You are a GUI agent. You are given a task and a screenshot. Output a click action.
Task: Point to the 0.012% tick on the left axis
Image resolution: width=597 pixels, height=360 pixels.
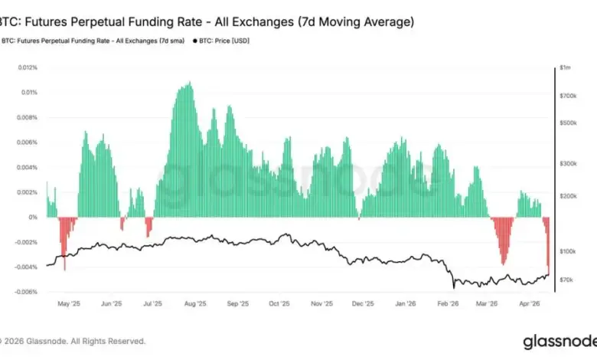pos(28,68)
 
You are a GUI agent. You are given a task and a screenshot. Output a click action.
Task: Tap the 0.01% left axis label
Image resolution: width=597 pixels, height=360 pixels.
pos(29,93)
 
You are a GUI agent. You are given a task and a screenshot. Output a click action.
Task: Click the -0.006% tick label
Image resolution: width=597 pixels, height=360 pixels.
pos(27,292)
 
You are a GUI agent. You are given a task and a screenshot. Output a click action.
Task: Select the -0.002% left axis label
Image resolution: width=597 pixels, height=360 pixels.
pos(27,242)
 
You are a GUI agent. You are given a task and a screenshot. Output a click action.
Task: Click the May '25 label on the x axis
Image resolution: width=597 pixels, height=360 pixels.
pos(70,304)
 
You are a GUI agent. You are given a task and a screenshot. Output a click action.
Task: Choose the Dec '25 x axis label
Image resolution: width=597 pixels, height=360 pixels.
pos(364,304)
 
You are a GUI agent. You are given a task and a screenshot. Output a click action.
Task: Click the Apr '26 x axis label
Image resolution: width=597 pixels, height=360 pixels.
pos(530,304)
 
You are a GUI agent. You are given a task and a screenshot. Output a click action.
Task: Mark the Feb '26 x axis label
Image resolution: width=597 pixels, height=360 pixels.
pos(448,304)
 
